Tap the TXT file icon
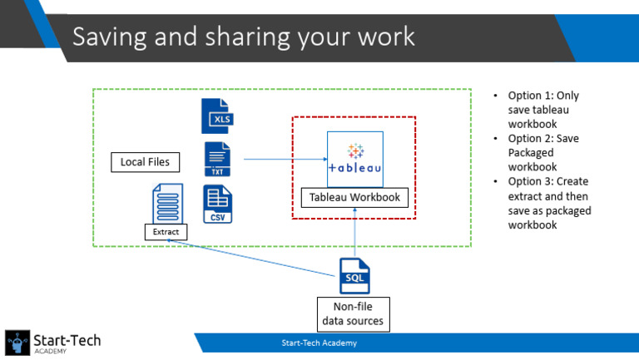tap(217, 159)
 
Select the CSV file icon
tap(217, 205)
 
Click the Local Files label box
tap(145, 162)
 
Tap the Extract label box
tap(166, 231)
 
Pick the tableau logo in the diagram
tap(355, 158)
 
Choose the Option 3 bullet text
tap(548, 202)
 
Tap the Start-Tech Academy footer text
tap(321, 343)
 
